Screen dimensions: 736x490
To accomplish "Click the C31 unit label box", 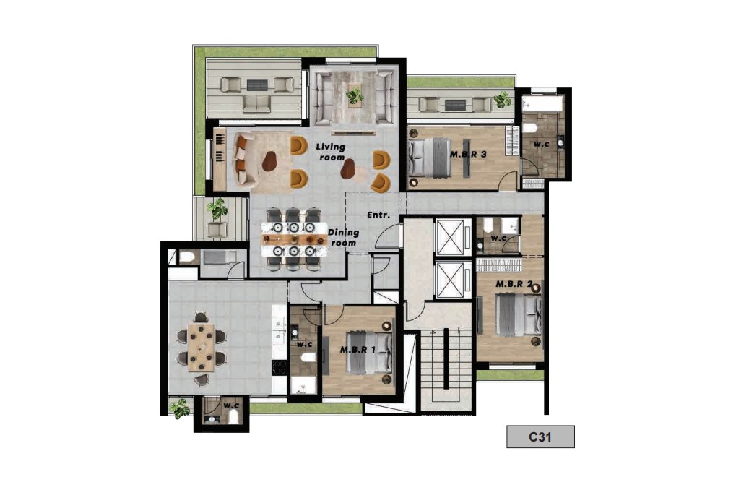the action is pos(540,437).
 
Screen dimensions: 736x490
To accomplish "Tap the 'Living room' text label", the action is pos(331,152).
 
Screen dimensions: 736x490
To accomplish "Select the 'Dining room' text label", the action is pos(344,237).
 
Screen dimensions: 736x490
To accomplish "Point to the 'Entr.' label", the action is pos(378,215).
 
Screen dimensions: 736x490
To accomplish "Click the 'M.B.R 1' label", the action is pos(358,350).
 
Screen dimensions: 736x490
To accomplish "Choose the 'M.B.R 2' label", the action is pos(514,284).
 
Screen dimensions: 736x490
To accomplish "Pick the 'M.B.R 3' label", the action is pos(468,154).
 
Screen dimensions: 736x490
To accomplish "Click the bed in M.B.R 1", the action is pos(369,353).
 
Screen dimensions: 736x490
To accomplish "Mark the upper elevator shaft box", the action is pos(450,237).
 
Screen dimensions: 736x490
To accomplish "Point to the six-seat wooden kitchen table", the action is pos(202,347).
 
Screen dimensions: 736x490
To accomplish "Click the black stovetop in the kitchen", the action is pos(280,367).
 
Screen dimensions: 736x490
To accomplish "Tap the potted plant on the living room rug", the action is pos(354,96).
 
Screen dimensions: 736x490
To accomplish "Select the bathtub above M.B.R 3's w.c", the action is pos(542,104).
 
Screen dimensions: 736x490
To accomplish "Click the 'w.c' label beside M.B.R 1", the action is pos(304,344).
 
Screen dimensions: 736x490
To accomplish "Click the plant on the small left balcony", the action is pos(217,209).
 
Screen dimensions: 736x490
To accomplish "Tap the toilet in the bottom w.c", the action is pos(233,416).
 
